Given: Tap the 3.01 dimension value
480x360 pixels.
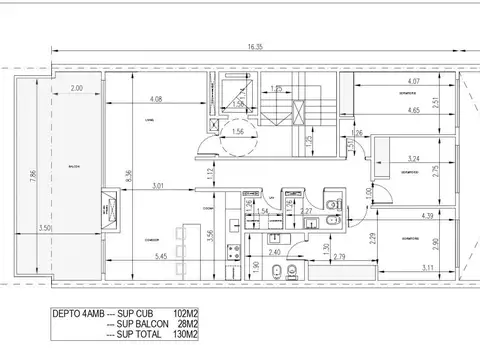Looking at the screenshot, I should coord(158,185).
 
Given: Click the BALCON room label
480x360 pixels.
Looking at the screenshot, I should coord(74,168).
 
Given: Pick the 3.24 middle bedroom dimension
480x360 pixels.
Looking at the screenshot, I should coord(415,157).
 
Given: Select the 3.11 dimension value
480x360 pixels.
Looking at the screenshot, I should coord(428,268).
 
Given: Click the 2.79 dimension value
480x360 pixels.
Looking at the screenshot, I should coord(339,258).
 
